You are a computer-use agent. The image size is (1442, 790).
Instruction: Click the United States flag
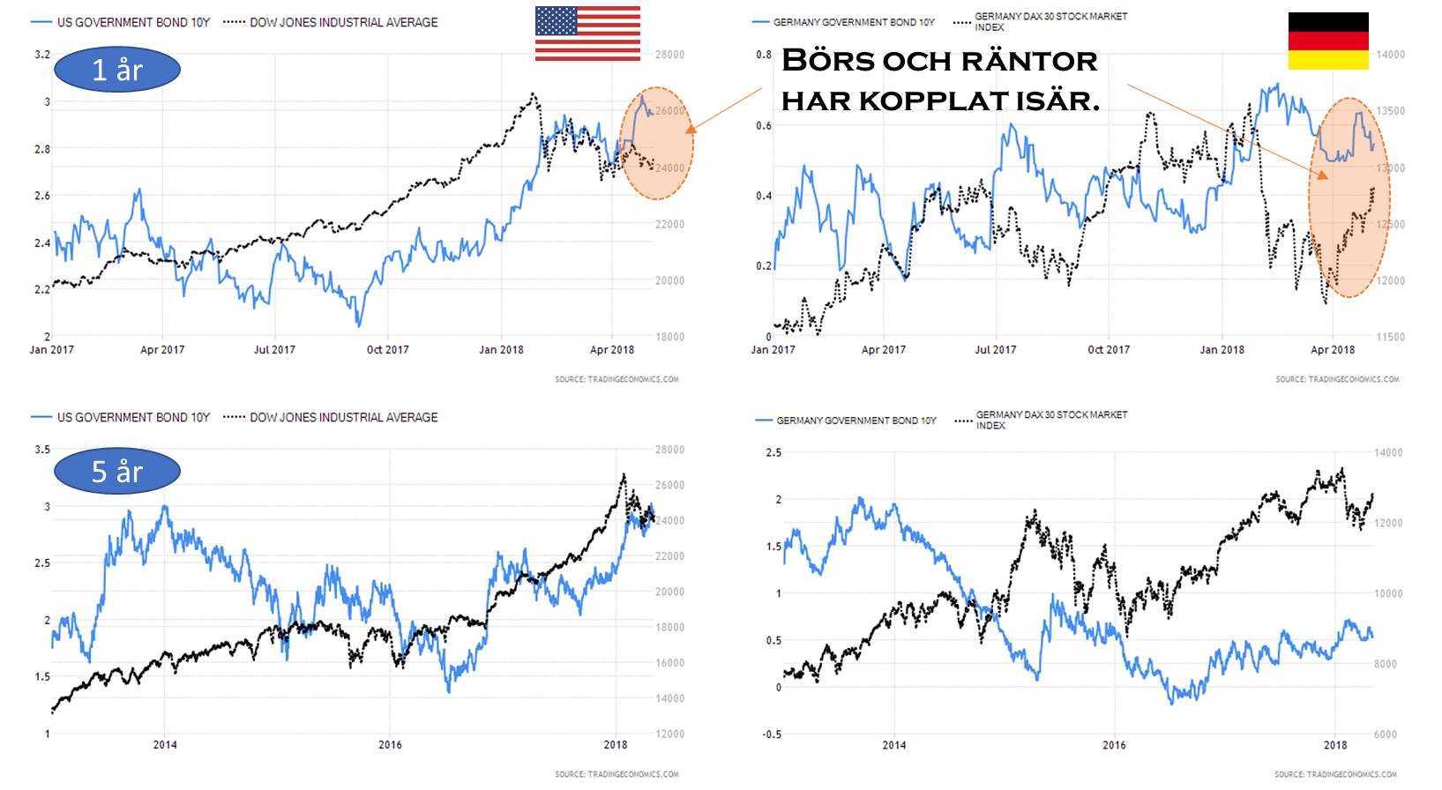point(587,34)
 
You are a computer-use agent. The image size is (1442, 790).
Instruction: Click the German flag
point(1328,41)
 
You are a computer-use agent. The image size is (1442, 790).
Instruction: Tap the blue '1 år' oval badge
point(117,70)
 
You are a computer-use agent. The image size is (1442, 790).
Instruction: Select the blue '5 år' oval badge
point(117,472)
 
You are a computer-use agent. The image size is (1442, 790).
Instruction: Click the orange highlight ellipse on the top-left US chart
point(657,143)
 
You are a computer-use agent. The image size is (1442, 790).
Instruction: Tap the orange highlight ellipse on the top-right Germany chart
point(1349,197)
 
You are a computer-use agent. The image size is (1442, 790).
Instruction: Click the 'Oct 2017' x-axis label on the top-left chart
point(388,350)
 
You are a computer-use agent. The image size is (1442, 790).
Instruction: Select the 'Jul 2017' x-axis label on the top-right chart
point(995,350)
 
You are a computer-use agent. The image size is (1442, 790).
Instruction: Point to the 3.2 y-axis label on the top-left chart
point(42,55)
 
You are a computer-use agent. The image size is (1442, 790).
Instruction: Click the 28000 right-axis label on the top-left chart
point(669,55)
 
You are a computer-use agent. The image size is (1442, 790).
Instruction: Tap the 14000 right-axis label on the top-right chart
point(1391,55)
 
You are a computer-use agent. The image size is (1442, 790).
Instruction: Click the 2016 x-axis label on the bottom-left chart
point(390,745)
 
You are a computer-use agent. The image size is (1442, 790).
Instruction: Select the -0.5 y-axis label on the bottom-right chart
point(772,734)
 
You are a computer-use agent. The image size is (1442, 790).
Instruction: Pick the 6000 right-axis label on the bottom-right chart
point(1386,734)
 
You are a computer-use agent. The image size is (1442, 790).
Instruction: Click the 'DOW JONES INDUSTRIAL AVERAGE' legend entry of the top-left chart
point(343,22)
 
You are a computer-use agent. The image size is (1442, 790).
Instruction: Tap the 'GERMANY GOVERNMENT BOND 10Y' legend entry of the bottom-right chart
point(855,421)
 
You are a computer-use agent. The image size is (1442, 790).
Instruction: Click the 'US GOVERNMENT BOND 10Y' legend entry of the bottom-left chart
point(133,417)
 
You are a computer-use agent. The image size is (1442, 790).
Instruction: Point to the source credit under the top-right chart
point(1337,379)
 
